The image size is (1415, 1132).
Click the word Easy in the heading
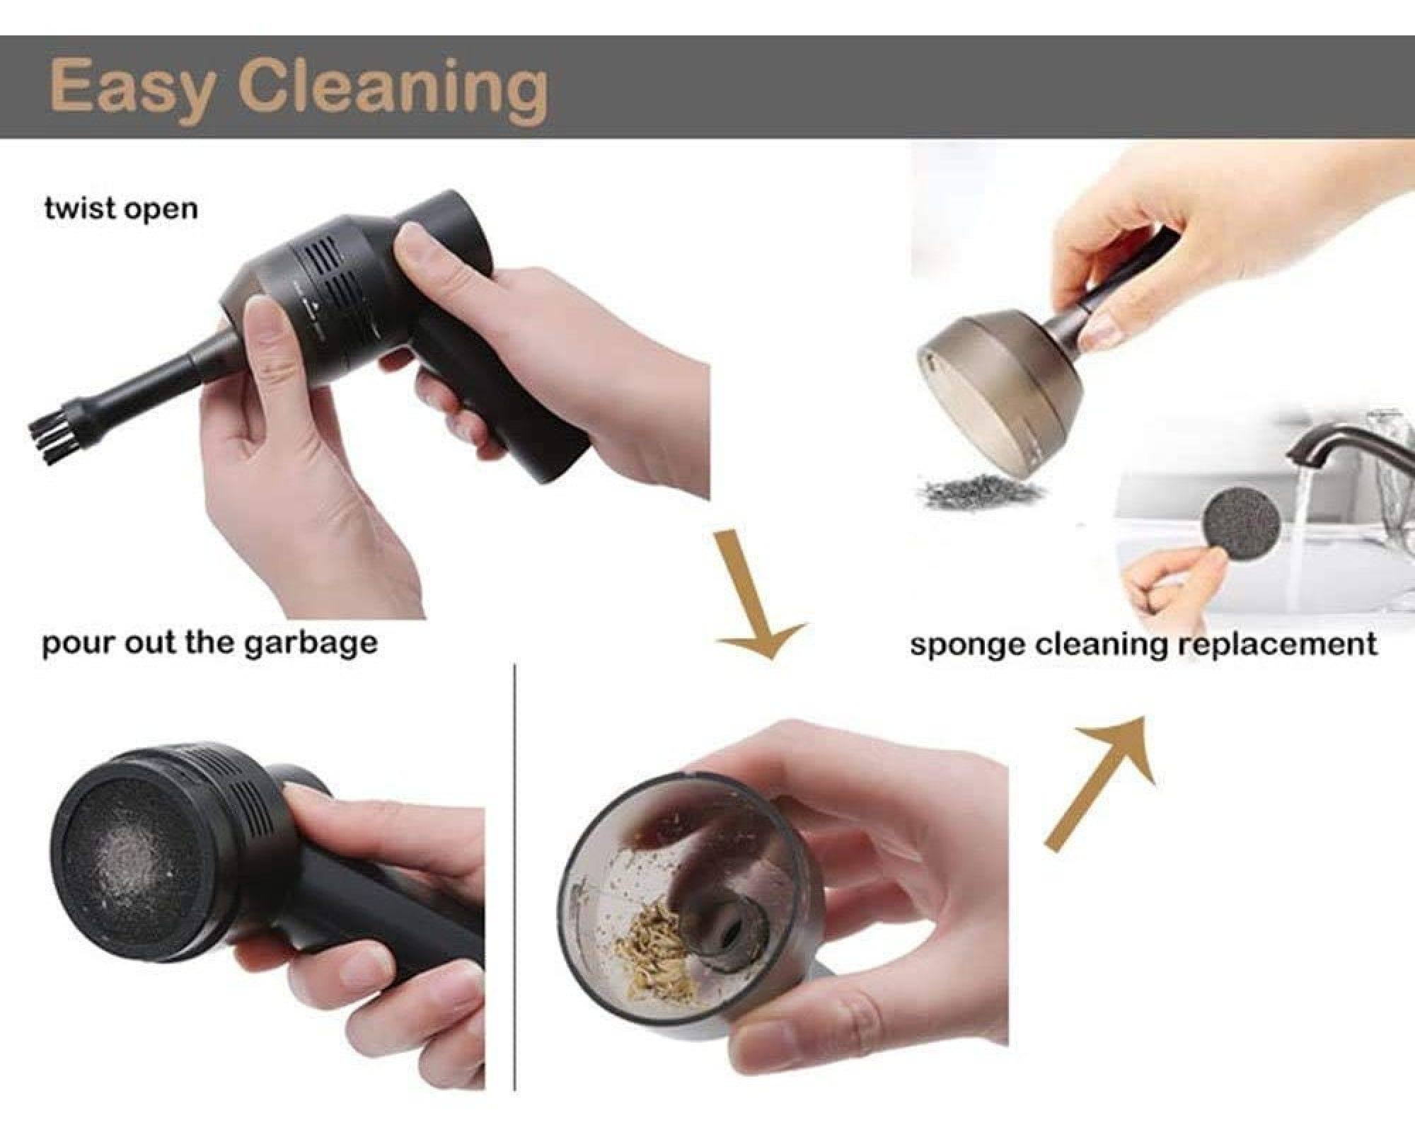(132, 90)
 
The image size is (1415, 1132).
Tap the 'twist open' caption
(121, 209)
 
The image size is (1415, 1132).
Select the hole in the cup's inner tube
(729, 934)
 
